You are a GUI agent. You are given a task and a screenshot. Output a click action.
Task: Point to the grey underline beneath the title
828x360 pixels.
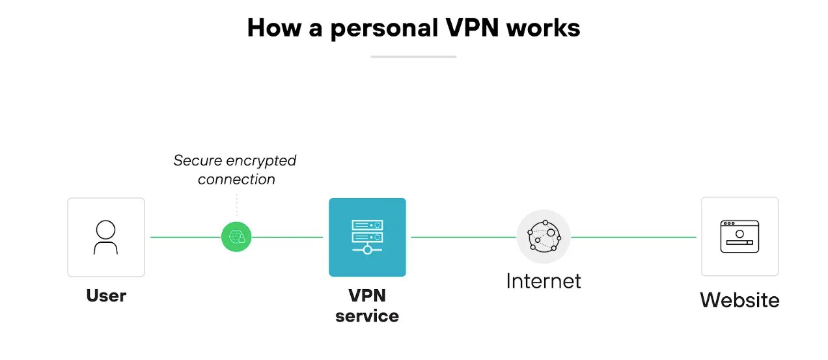click(413, 57)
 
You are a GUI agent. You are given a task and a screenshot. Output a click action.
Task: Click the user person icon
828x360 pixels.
click(105, 237)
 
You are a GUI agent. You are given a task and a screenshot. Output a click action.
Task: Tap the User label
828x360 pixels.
click(106, 296)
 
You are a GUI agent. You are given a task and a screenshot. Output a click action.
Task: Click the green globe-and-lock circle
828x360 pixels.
click(236, 237)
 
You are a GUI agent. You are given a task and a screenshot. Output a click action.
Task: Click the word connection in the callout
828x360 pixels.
click(236, 179)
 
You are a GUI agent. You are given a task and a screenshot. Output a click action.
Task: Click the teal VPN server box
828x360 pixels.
click(367, 237)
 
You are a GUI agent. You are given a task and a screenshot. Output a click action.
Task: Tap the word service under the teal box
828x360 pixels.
click(367, 316)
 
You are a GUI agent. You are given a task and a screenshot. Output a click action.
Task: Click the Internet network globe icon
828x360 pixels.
click(544, 237)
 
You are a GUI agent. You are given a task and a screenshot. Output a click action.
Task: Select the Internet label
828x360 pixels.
click(544, 281)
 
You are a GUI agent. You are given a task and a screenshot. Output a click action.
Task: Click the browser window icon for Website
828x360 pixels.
click(739, 236)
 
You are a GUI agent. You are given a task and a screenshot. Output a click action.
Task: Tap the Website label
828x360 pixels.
click(739, 300)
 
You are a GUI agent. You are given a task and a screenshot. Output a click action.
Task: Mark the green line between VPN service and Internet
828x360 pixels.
click(463, 237)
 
